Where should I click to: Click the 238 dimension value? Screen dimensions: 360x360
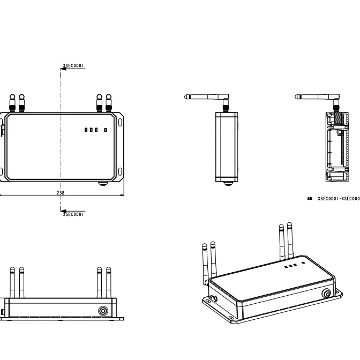tap(63, 192)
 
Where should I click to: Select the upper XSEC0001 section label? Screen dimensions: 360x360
tap(74, 66)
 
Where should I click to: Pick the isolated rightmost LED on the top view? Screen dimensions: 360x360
tap(106, 130)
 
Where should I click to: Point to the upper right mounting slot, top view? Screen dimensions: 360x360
tap(119, 121)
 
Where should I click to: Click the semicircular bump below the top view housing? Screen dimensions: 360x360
tap(102, 183)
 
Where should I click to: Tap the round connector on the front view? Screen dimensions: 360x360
tap(102, 311)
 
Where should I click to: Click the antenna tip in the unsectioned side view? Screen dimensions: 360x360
tap(186, 97)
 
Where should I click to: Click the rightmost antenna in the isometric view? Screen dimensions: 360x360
tap(290, 238)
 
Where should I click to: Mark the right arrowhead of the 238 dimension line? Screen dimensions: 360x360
tap(122, 195)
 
